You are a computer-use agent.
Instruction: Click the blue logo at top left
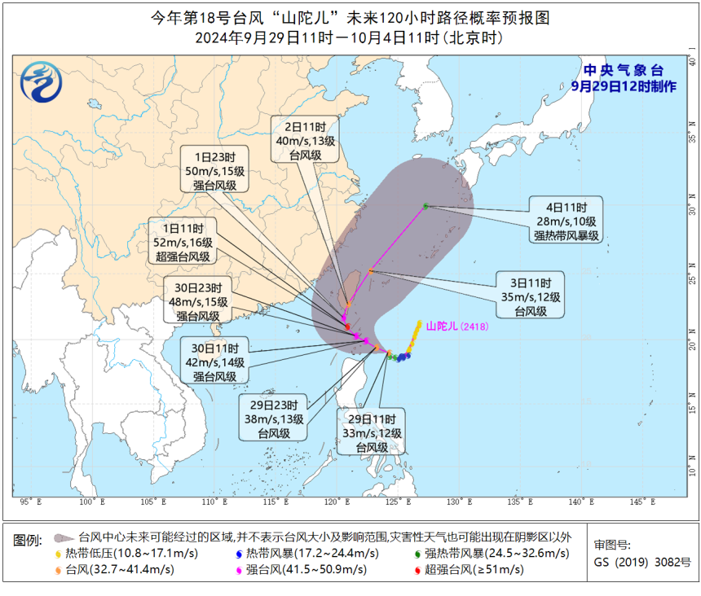(38, 81)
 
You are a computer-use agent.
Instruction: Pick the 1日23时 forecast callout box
(214, 171)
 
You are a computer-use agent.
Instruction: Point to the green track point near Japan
(425, 206)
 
